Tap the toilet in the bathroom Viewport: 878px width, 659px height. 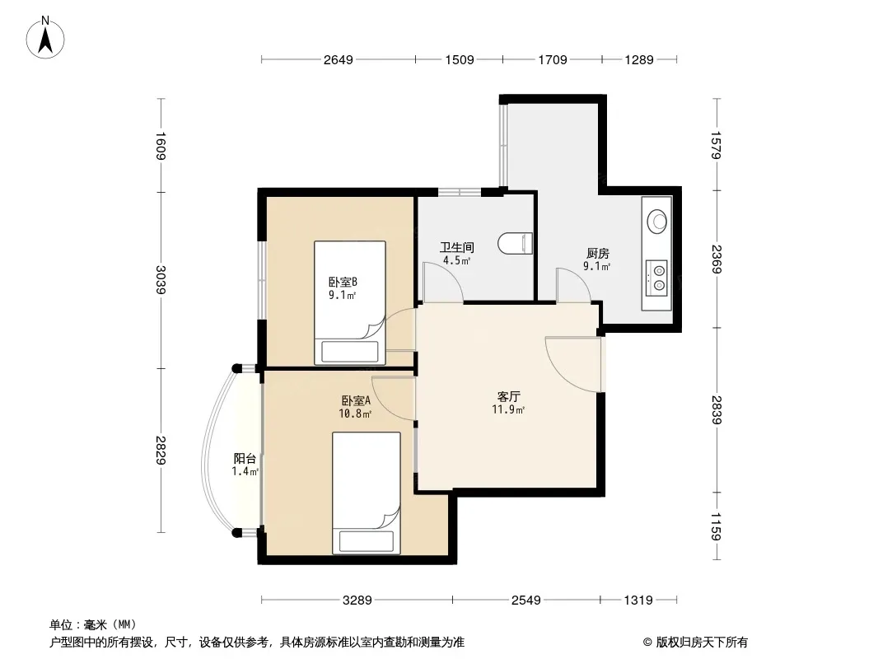pos(515,244)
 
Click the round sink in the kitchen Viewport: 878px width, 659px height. pos(656,220)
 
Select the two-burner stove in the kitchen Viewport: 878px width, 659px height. pos(656,278)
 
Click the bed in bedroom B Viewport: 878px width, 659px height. pos(350,303)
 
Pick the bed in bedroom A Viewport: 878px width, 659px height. pos(367,493)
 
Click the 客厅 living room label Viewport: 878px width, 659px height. pos(508,396)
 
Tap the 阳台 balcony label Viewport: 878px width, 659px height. pos(245,459)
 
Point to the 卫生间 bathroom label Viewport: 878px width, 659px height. pos(457,247)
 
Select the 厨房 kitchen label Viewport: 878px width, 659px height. pos(597,253)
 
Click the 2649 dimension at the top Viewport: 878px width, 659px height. pos(339,59)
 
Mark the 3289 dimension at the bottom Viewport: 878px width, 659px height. pos(357,601)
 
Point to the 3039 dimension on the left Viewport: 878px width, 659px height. pos(161,279)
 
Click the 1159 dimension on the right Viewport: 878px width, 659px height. pos(717,526)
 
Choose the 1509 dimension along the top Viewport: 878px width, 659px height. pos(460,59)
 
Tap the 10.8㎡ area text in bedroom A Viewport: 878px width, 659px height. pos(355,414)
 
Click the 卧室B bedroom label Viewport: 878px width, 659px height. pos(343,283)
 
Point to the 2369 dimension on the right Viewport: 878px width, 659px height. pos(717,259)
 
